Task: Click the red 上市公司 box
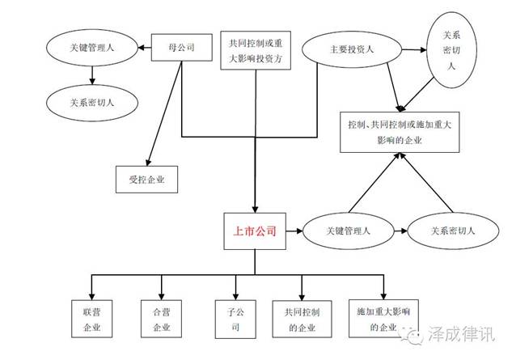[255, 231]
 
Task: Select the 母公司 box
[181, 48]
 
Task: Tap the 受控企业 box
[146, 180]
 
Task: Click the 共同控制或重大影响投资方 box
[256, 50]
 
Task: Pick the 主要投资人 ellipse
[352, 49]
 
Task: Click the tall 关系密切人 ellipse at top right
[451, 50]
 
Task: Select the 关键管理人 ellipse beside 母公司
[92, 48]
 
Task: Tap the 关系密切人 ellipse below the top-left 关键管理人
[92, 103]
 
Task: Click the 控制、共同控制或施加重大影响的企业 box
[400, 132]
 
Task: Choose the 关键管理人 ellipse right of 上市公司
[349, 231]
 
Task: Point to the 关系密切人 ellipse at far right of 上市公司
[453, 231]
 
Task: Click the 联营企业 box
[91, 319]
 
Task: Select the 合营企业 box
[161, 319]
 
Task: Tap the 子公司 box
[235, 320]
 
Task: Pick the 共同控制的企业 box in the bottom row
[302, 319]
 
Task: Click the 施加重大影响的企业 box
[383, 319]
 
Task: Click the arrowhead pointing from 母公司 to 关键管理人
[142, 48]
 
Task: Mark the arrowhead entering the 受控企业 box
[149, 163]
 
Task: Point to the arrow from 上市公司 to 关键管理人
[294, 231]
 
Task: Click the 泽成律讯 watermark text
[461, 334]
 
